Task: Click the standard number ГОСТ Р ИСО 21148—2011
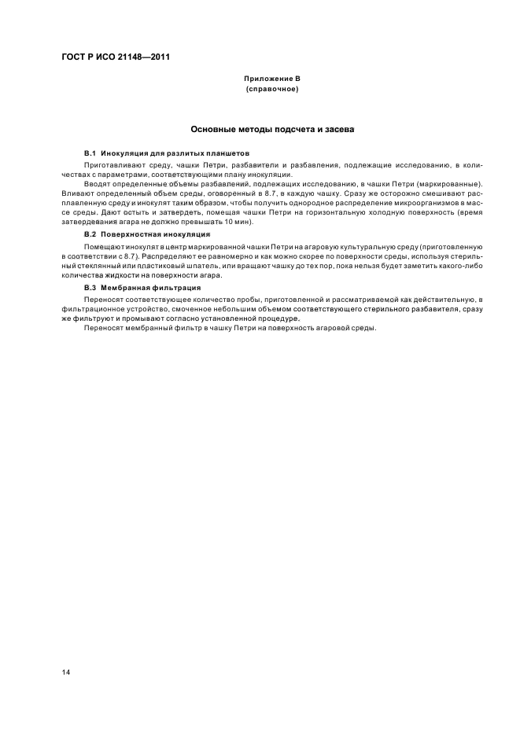[x=117, y=57]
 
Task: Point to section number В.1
[x=89, y=152]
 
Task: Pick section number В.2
[x=89, y=234]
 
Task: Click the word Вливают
[x=78, y=193]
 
